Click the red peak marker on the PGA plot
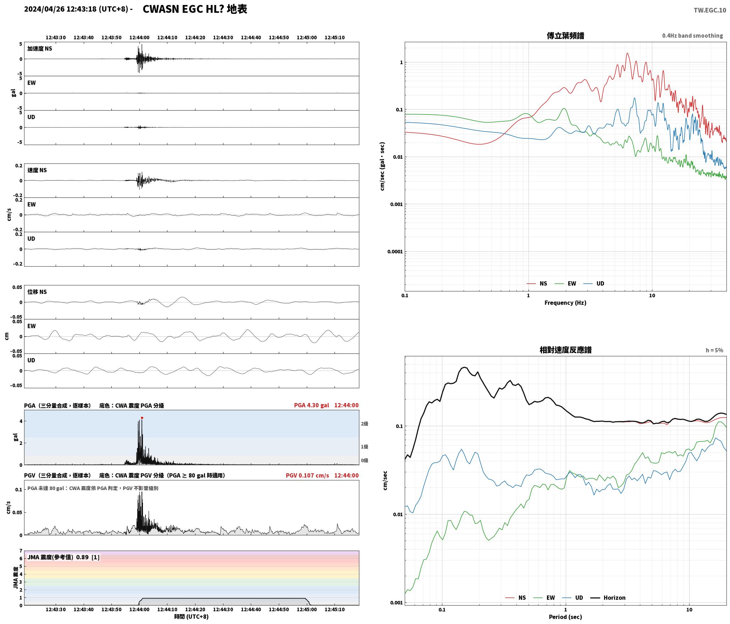click(142, 418)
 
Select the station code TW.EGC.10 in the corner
click(710, 10)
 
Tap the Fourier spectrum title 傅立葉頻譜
click(565, 36)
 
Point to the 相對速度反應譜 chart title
click(565, 350)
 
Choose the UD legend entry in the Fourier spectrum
click(600, 284)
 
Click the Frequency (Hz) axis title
click(565, 303)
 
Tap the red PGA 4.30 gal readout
click(311, 405)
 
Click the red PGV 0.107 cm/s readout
click(307, 475)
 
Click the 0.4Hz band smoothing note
click(692, 36)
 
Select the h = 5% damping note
click(714, 350)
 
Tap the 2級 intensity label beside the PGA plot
click(365, 424)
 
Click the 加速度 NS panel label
click(40, 49)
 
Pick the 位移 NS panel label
click(37, 292)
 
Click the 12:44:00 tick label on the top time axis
click(139, 38)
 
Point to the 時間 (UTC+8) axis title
click(192, 617)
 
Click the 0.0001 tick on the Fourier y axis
click(395, 252)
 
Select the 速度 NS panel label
click(37, 170)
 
